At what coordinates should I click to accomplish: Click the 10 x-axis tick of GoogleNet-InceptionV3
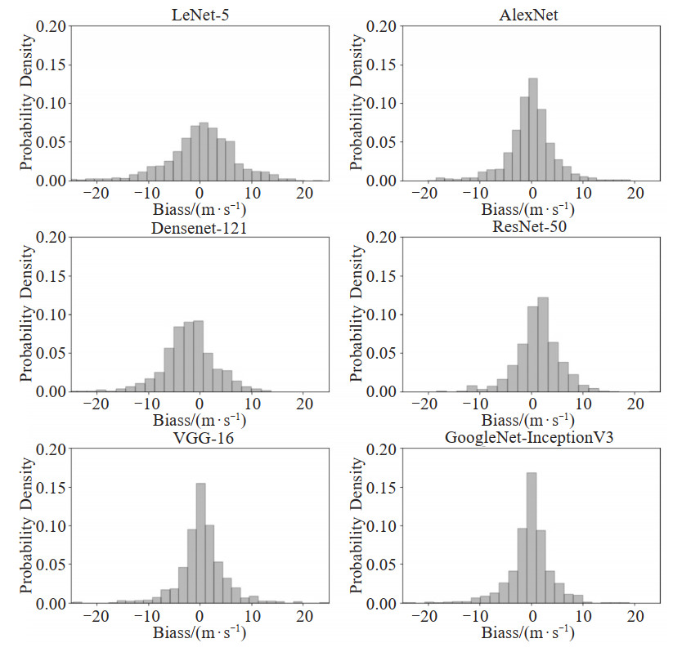pyautogui.click(x=582, y=616)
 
